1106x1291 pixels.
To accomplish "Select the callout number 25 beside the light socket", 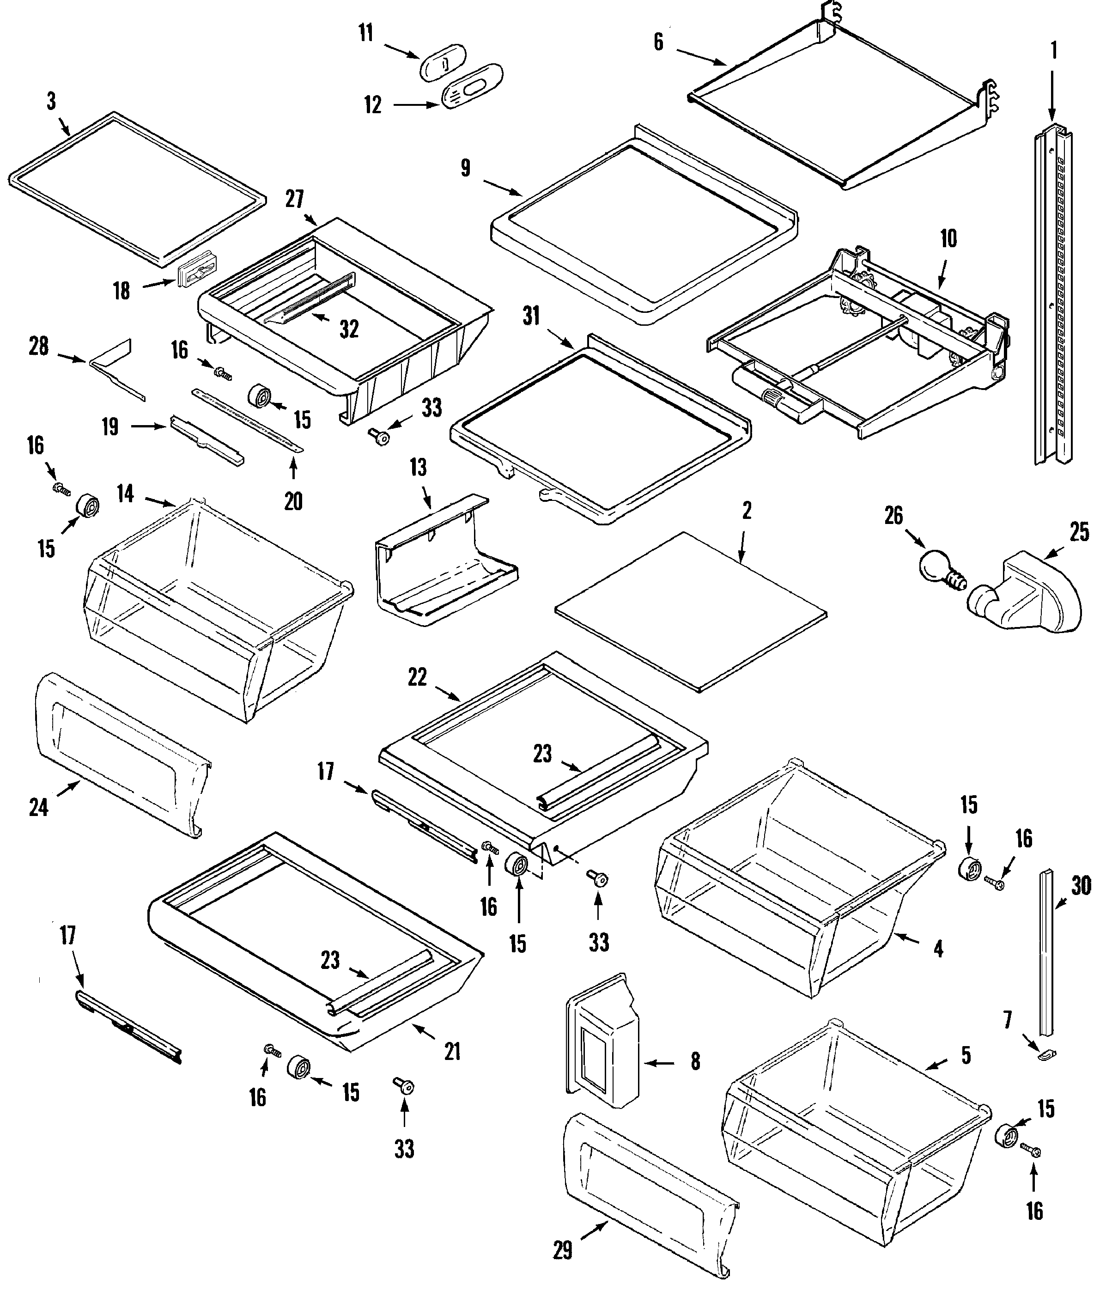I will point(1079,532).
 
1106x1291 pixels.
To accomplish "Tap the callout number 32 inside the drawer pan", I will point(349,329).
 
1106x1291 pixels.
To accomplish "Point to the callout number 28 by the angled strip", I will point(39,347).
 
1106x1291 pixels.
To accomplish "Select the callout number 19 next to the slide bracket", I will point(110,427).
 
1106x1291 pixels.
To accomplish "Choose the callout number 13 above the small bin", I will point(418,467).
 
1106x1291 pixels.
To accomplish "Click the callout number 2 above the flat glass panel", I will point(747,511).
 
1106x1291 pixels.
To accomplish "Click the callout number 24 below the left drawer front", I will point(39,808).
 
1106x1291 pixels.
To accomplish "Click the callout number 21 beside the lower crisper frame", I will point(452,1052).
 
